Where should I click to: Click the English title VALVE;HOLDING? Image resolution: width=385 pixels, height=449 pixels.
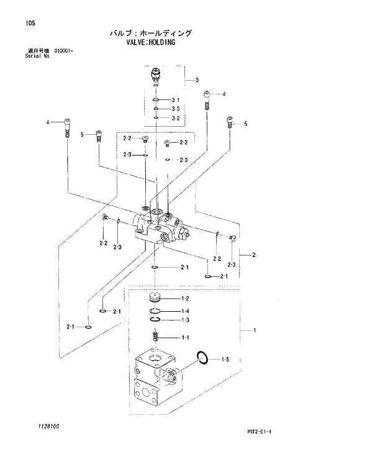(150, 43)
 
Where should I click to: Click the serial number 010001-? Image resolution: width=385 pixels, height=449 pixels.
(64, 50)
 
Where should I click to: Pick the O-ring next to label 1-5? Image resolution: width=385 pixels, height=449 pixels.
(201, 356)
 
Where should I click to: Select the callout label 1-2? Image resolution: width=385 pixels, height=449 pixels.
(184, 299)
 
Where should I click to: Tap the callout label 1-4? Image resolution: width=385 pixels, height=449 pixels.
(184, 311)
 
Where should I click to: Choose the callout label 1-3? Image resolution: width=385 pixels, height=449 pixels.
(184, 320)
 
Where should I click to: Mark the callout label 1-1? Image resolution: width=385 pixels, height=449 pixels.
(184, 338)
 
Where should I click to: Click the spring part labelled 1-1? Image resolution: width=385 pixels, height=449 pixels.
(156, 337)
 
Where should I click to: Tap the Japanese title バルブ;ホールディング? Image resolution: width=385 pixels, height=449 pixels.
(151, 33)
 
